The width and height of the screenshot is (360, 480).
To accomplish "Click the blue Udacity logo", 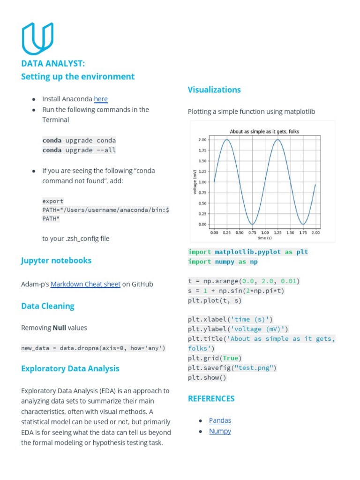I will tap(37, 38).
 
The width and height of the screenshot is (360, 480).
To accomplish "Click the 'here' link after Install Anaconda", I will tap(101, 99).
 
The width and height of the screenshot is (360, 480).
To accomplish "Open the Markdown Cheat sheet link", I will tap(85, 284).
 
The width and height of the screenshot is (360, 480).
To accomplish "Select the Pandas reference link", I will tap(220, 420).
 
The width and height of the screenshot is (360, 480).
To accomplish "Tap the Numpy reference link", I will tap(220, 431).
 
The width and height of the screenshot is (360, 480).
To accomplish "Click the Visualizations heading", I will tap(214, 90).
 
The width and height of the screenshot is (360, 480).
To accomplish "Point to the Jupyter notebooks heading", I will tap(56, 260).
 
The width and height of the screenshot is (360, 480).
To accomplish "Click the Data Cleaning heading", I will tap(48, 306).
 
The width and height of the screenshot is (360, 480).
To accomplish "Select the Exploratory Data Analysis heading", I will tap(70, 368).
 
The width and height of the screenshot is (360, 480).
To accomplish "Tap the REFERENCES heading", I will tap(211, 398).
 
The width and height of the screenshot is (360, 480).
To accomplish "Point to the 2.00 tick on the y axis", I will tap(202, 140).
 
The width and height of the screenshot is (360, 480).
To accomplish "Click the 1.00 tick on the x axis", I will tap(265, 232).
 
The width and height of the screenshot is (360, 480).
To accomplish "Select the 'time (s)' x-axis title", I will tap(265, 238).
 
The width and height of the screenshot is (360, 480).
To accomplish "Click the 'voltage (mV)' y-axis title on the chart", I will tap(195, 181).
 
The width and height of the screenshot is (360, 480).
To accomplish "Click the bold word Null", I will tap(59, 328).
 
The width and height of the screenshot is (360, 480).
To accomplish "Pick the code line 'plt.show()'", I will tap(207, 378).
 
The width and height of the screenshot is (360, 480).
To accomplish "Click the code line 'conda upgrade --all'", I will tap(79, 150).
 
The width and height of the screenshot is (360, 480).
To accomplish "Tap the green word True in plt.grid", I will tap(230, 358).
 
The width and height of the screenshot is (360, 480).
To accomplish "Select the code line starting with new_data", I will tap(93, 348).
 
